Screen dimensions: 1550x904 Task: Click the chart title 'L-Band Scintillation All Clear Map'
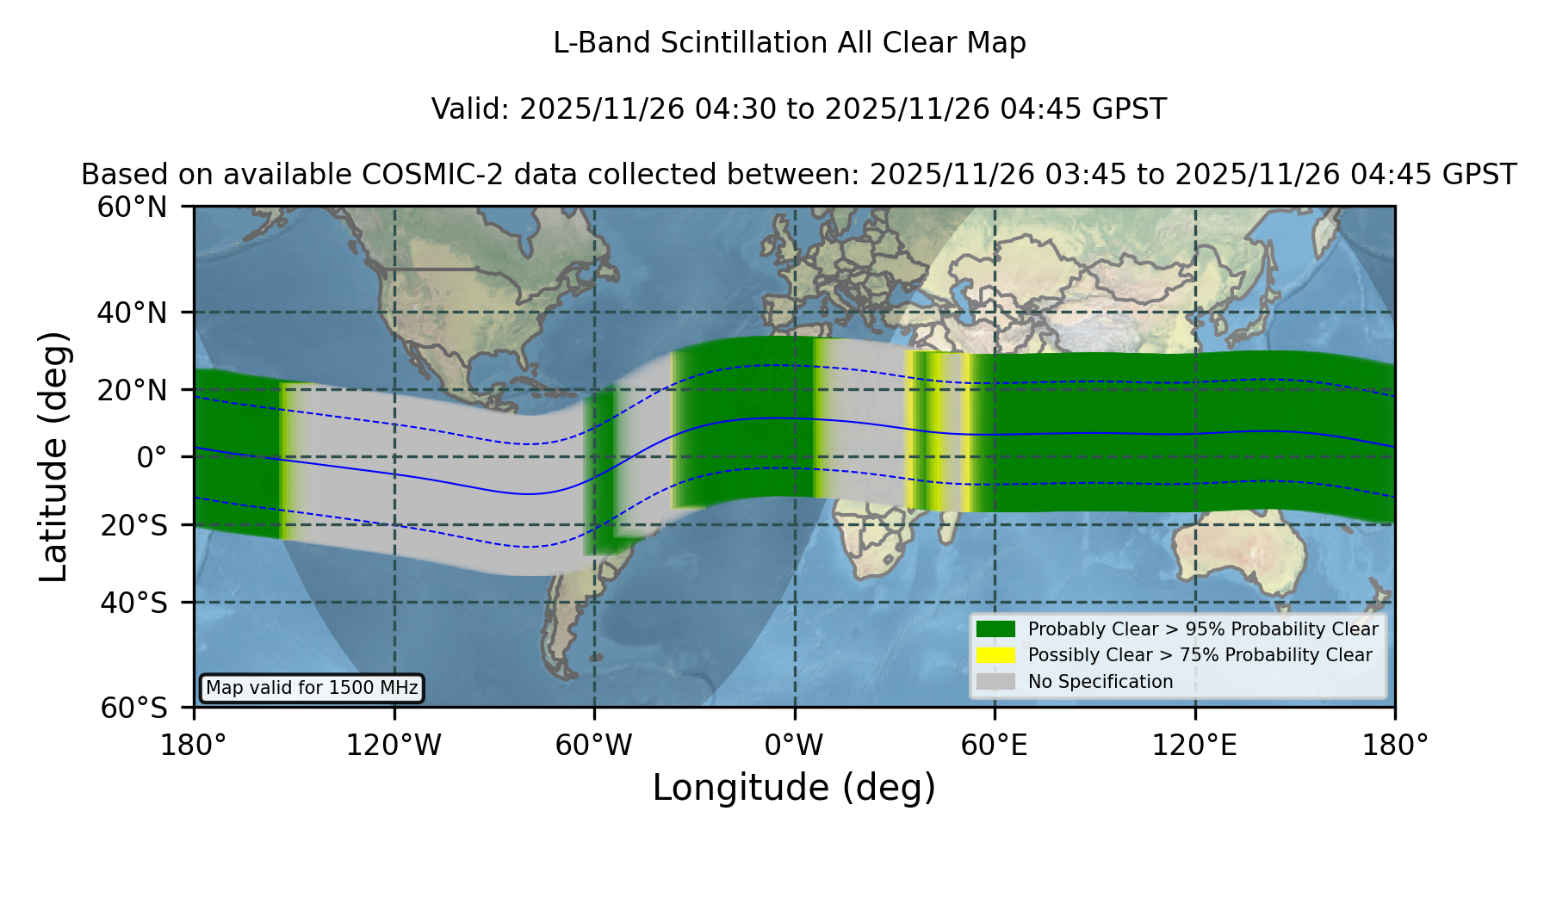[x=790, y=43]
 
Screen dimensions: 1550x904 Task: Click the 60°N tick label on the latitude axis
[x=132, y=207]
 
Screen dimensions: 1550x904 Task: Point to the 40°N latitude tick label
[x=132, y=313]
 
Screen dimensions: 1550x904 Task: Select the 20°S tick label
[x=133, y=525]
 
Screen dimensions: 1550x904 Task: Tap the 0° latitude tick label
[x=152, y=457]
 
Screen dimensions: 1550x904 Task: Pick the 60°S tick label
[x=133, y=709]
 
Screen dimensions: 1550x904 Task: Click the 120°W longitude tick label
[x=394, y=746]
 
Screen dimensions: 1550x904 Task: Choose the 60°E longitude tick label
[x=995, y=746]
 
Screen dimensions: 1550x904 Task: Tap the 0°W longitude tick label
[x=794, y=746]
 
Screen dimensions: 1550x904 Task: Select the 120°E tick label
[x=1195, y=746]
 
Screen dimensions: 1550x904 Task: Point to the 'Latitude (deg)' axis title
[x=53, y=456]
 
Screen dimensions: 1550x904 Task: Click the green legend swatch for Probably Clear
[x=995, y=629]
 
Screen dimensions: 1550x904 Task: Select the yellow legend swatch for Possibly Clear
[x=995, y=655]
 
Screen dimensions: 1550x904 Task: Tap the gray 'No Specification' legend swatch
[x=995, y=682]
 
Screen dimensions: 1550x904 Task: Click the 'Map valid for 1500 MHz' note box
[x=312, y=688]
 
